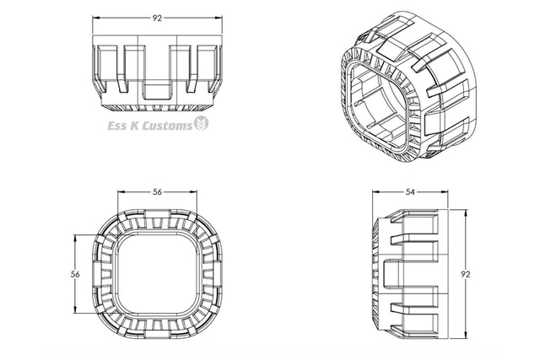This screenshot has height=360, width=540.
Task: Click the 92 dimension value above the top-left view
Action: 157,19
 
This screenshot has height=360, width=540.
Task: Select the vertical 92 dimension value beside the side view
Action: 466,274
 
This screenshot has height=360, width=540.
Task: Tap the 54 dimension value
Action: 410,192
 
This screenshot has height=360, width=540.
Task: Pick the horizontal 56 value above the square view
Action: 157,192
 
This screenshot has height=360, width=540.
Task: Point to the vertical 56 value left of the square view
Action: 75,274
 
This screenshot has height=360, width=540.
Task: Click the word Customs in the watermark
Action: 167,126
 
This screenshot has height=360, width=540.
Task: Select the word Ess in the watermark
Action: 116,126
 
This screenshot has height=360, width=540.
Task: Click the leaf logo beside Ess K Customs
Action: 201,123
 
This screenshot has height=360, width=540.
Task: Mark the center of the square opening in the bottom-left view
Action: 158,274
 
